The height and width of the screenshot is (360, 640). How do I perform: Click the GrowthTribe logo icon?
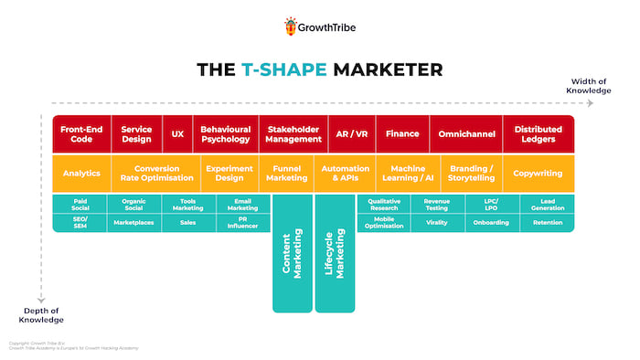292,26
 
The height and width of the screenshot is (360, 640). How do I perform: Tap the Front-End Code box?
81,134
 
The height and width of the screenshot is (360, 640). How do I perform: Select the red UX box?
177,134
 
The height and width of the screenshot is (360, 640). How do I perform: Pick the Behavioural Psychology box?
225,134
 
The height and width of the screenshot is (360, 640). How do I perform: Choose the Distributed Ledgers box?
539,134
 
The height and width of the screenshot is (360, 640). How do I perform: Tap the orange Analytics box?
81,174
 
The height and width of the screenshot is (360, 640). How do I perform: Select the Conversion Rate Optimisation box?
164,174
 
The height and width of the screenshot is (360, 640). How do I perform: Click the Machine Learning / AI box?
406,174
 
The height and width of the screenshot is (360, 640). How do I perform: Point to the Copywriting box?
538,174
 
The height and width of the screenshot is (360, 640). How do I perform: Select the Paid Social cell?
80,204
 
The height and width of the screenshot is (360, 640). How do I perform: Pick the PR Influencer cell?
242,222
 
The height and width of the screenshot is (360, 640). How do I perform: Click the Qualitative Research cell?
384,204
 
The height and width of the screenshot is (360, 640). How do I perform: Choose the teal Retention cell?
548,222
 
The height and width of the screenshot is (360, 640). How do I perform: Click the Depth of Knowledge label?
43,315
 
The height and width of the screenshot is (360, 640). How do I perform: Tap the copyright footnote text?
55,346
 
